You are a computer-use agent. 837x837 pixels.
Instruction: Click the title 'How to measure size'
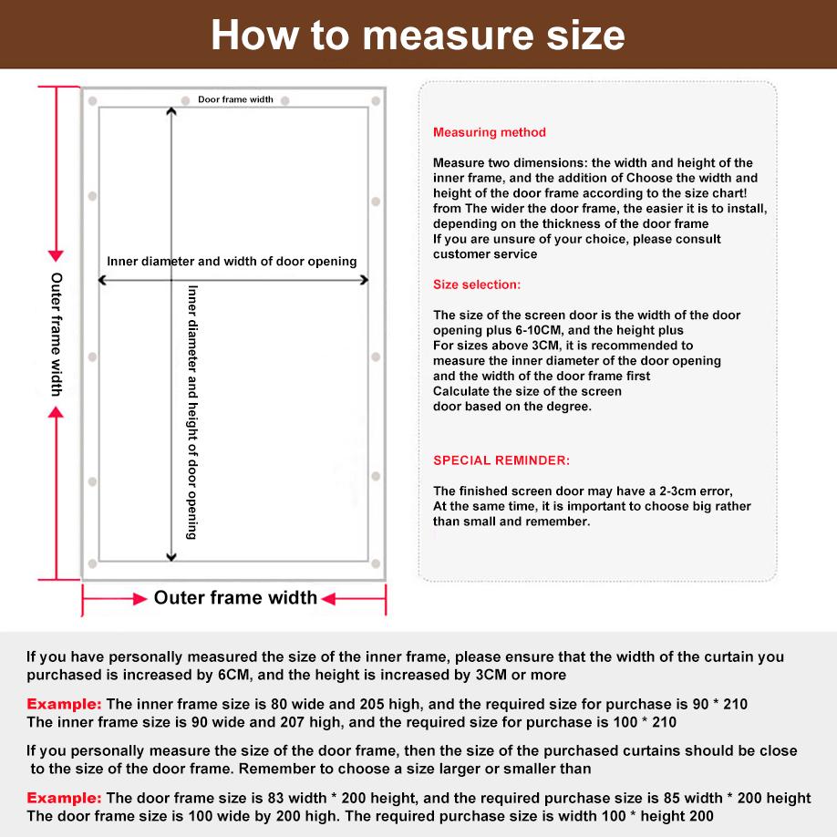pos(418,35)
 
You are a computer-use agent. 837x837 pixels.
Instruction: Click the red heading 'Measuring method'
pos(490,132)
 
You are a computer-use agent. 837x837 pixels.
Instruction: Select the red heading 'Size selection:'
pos(477,284)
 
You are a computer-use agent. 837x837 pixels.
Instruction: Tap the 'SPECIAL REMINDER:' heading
pos(501,460)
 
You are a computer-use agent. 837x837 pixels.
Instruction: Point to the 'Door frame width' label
pos(235,99)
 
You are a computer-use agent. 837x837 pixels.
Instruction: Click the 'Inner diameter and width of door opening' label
pos(232,262)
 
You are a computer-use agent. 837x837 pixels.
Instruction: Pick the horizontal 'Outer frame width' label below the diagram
pos(235,598)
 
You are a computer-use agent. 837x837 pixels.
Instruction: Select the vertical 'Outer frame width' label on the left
pos(57,334)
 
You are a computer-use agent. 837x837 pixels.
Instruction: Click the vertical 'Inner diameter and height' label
pos(192,412)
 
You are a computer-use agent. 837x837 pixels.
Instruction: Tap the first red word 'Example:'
pos(64,704)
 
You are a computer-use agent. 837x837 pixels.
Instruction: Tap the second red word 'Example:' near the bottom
pos(64,798)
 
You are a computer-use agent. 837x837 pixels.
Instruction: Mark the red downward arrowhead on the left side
pos(56,256)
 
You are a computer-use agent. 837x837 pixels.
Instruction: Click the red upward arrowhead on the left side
pos(56,412)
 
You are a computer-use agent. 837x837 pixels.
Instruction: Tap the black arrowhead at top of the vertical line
pos(171,112)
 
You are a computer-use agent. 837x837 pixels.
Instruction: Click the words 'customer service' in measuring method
pos(485,254)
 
